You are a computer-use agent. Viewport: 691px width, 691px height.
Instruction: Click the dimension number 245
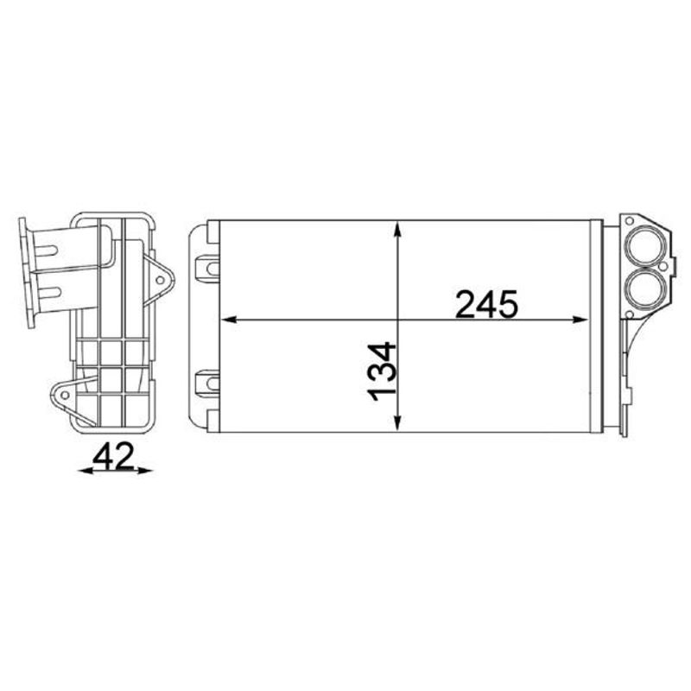click(x=486, y=304)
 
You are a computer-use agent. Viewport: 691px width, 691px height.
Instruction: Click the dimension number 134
click(x=382, y=372)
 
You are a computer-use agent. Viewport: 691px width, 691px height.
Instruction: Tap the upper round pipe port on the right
click(x=643, y=246)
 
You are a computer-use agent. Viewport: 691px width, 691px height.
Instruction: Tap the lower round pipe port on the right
click(x=643, y=287)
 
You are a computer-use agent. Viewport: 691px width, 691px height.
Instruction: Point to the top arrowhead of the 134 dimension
click(x=398, y=231)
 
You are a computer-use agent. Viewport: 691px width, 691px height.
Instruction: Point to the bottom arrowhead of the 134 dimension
click(x=398, y=422)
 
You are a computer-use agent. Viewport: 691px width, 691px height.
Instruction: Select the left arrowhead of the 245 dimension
click(x=229, y=320)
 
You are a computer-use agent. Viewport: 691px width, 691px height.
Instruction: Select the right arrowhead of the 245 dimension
click(x=580, y=320)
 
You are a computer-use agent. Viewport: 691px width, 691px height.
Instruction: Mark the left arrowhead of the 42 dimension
click(x=86, y=471)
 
